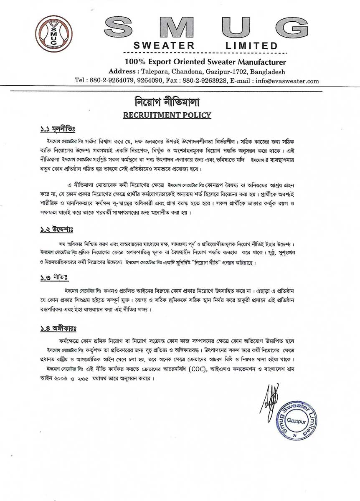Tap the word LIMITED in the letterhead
tap(251, 46)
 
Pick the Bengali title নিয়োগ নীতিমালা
tap(167, 101)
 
